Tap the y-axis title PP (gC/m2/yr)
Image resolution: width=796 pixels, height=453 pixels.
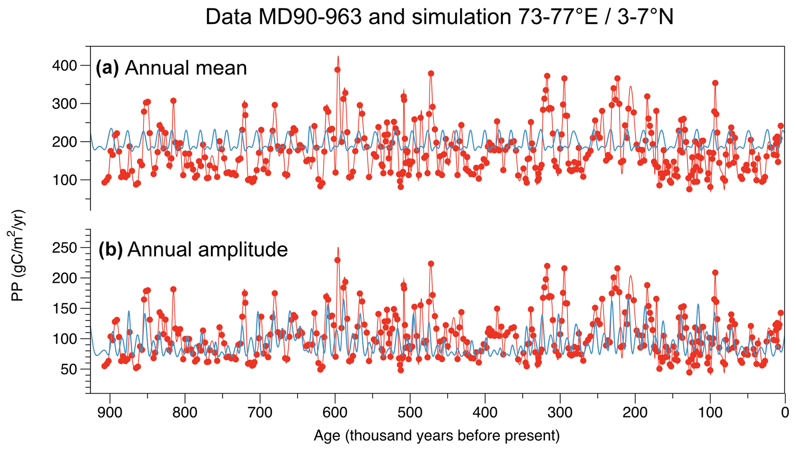point(17,255)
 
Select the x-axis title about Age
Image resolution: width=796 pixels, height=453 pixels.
point(437,436)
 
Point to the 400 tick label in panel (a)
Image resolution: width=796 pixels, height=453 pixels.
point(65,66)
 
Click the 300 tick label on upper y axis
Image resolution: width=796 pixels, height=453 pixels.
point(65,104)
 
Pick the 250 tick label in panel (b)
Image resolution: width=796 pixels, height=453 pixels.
point(65,248)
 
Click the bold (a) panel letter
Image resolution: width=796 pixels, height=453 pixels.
point(107,68)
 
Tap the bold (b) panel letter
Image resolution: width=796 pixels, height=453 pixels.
point(111,250)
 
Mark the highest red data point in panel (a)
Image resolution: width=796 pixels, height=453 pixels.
point(337,70)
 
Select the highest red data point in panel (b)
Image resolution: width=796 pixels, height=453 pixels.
point(337,260)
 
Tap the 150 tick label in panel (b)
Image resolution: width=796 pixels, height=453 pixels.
point(65,309)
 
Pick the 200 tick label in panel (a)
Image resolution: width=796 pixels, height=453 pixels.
point(65,142)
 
